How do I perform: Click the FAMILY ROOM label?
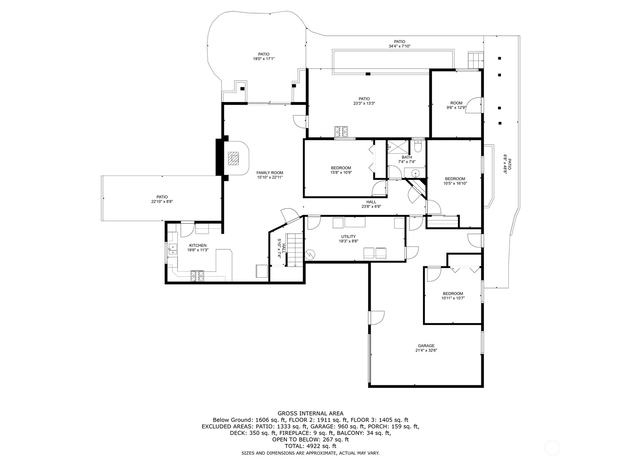(x=269, y=173)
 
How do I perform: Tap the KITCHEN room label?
(x=198, y=245)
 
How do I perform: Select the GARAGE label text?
(x=426, y=346)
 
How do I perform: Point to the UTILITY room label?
(x=348, y=236)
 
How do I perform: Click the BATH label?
(x=407, y=157)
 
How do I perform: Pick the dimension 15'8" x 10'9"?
(x=341, y=172)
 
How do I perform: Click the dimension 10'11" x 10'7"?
(x=453, y=298)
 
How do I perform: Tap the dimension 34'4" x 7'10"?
(x=399, y=46)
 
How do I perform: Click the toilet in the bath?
(x=418, y=146)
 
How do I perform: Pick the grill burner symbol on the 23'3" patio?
(x=342, y=132)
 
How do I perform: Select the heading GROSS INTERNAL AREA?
(x=310, y=414)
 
